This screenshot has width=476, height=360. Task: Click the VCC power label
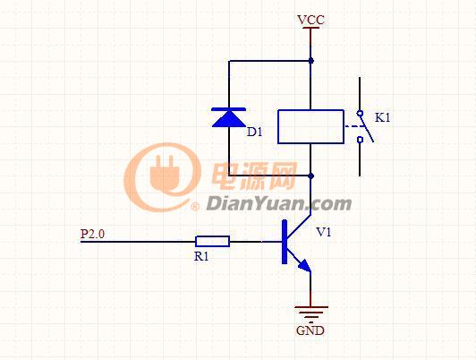point(310,20)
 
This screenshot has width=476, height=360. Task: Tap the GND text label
point(310,330)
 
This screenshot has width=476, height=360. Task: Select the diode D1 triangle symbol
point(229,117)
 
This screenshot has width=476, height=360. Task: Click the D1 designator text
point(254,132)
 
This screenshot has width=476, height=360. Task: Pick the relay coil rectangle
point(310,126)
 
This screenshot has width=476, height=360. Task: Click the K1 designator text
point(383,117)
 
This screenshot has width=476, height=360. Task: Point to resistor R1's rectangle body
point(213,241)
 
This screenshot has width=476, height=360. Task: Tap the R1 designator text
point(201,257)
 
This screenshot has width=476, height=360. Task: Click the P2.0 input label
point(92,234)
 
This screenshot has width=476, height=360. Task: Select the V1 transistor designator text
point(324,232)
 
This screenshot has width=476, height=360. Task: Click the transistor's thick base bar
point(285,242)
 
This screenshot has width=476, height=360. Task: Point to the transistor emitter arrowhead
point(305,265)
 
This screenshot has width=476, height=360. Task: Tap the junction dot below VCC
point(310,61)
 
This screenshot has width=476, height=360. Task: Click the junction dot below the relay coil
point(310,176)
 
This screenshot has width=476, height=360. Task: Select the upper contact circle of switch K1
point(360,114)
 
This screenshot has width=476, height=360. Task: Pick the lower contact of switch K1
point(361,140)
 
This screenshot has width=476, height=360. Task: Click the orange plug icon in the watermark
point(163,173)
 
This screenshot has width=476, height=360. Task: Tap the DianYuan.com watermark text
point(278,203)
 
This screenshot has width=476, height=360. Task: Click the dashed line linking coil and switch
point(353,125)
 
